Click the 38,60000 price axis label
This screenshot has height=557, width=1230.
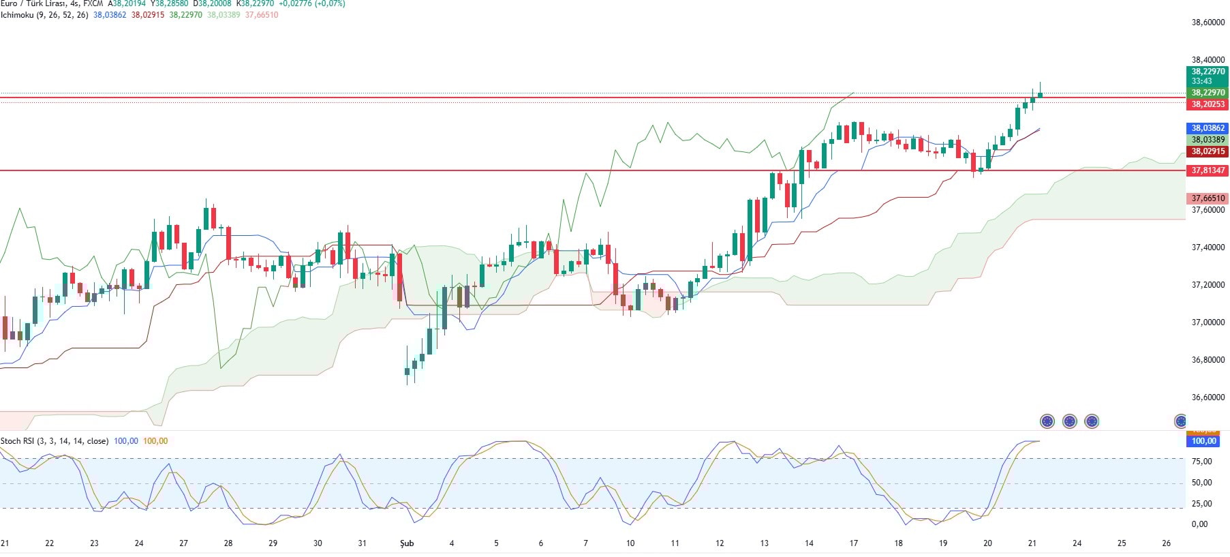[1208, 22]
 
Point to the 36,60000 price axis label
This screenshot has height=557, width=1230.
[1208, 397]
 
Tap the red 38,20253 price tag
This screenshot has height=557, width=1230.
[1208, 104]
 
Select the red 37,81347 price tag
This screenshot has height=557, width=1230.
[1208, 170]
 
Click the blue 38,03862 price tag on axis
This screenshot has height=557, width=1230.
[1208, 128]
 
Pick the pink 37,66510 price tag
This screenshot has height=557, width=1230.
[1208, 198]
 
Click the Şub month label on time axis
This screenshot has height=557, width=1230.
[407, 543]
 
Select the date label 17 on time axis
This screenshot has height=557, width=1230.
[853, 543]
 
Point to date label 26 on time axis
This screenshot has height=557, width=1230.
[1166, 543]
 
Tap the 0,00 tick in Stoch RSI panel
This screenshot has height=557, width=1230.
[1199, 524]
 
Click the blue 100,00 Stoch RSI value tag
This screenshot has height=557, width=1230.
[1203, 441]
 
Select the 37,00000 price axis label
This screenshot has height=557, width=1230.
[1208, 322]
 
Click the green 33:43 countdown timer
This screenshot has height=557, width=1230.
[1201, 81]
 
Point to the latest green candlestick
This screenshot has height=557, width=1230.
[1040, 94]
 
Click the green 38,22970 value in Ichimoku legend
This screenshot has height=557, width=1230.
[185, 15]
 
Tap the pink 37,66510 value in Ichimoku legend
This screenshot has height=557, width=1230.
[262, 15]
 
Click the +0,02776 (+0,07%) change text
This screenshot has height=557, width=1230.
[311, 3]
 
